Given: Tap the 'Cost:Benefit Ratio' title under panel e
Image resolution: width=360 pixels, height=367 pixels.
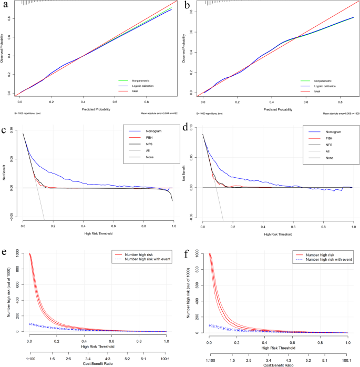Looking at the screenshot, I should click(96, 364).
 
